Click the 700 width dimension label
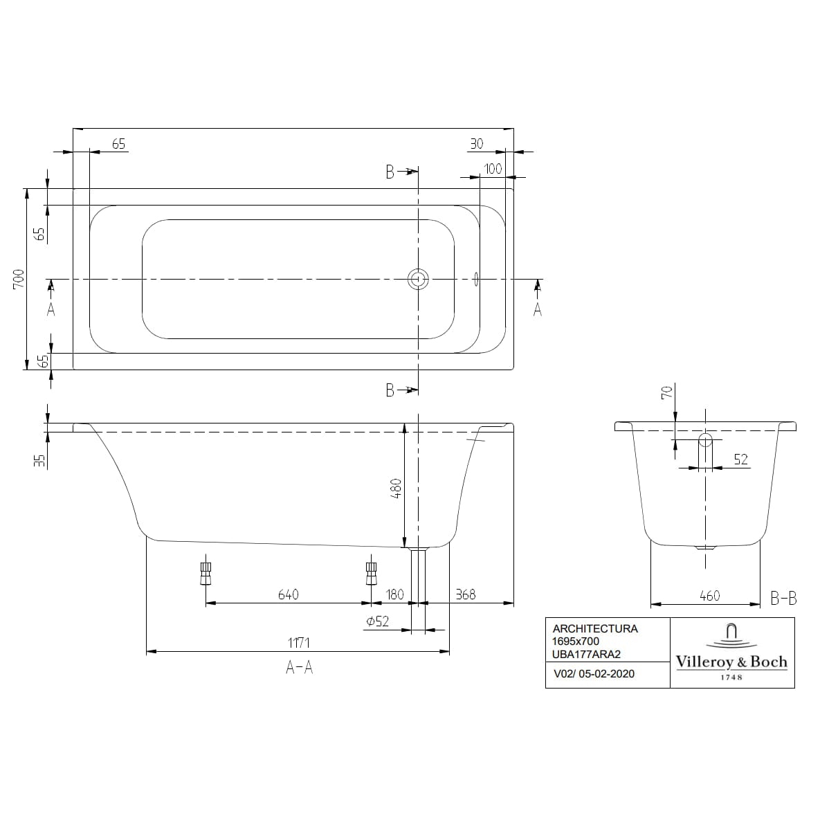tap(19, 279)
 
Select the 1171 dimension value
tap(298, 643)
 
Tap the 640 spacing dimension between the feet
tap(288, 594)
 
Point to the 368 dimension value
tap(466, 594)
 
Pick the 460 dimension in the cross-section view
tap(709, 595)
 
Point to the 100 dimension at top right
tap(493, 169)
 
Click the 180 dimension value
tap(394, 594)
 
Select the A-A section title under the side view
tap(299, 668)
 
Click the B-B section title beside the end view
tap(783, 599)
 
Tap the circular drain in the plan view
tap(418, 279)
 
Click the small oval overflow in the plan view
tap(476, 279)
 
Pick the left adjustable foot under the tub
tap(206, 572)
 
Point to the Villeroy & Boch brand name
tap(731, 662)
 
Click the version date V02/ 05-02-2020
tap(594, 673)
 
